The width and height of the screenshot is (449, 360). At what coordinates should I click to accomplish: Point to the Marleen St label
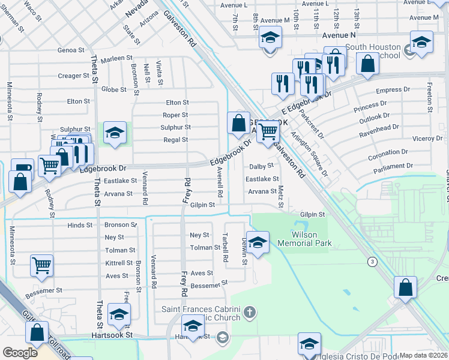(x=116, y=58)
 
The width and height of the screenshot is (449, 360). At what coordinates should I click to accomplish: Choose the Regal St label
(x=176, y=140)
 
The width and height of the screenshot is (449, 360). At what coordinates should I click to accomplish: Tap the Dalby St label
(x=262, y=166)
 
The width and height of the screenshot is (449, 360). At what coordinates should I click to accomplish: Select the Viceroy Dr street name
(x=427, y=139)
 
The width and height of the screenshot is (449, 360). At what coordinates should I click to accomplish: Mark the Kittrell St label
(x=118, y=263)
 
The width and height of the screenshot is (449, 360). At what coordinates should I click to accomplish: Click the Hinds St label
(x=80, y=225)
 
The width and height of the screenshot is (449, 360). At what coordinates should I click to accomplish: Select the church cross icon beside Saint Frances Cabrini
(x=250, y=312)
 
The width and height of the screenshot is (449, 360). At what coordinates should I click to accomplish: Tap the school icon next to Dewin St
(x=258, y=242)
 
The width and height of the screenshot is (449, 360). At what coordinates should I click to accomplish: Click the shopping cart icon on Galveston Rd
(x=268, y=131)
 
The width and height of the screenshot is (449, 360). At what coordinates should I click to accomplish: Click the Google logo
(x=20, y=353)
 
